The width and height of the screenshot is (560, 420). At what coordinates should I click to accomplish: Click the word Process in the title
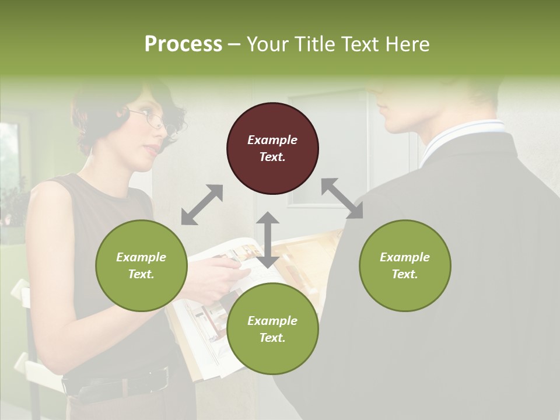coord(183,44)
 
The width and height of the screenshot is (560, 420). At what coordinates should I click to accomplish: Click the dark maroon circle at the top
coord(272,148)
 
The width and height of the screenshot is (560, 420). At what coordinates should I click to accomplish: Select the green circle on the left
coord(141,265)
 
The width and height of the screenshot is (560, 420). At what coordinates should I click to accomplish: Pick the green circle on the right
coord(404,265)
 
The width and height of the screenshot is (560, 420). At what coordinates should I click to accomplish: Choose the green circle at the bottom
coord(272,329)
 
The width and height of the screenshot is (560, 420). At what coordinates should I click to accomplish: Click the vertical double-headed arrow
coord(268,240)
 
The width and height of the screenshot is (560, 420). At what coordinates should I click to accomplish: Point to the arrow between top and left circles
coord(202,205)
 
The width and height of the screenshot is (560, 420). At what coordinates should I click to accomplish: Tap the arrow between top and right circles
coord(342,198)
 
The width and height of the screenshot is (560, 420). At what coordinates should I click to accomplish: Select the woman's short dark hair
coord(99,111)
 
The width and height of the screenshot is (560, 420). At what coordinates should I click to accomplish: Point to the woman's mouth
coord(150,150)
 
